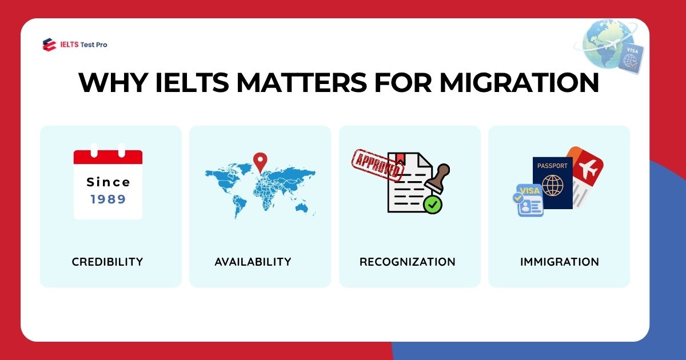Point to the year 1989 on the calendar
click(x=108, y=199)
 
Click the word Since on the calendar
click(x=108, y=182)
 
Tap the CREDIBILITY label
click(x=107, y=262)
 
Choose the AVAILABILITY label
click(x=253, y=262)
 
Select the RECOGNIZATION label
click(x=408, y=262)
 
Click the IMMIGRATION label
click(x=560, y=262)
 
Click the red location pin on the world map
click(x=261, y=161)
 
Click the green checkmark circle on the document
click(x=433, y=205)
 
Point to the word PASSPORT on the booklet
click(x=553, y=166)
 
